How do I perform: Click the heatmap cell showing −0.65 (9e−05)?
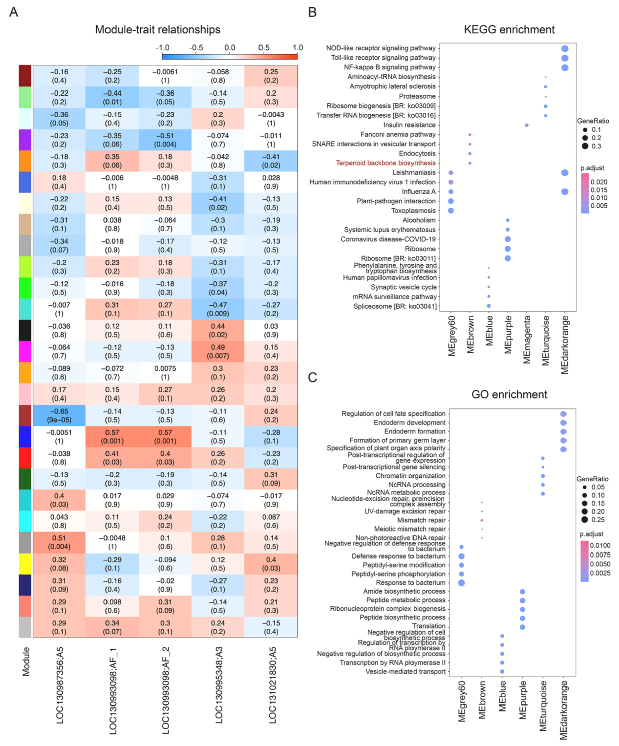tap(59, 416)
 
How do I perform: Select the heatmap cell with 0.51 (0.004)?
tap(59, 542)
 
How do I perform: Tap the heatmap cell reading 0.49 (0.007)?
tap(218, 352)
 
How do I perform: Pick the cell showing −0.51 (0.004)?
tap(165, 140)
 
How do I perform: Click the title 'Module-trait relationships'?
tap(157, 30)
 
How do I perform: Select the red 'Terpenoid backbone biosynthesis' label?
tap(385, 163)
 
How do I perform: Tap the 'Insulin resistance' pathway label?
tap(409, 125)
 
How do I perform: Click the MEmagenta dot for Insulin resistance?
tap(527, 126)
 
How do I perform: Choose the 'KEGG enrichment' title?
tap(509, 30)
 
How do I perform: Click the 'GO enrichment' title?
tap(509, 395)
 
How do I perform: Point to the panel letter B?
tap(313, 12)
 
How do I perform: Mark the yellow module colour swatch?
tap(25, 564)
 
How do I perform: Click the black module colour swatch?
tap(25, 331)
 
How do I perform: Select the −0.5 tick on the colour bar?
tap(196, 48)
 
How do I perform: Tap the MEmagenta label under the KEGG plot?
tap(527, 340)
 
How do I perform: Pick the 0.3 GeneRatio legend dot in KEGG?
tap(585, 146)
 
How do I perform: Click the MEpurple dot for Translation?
tap(522, 627)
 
